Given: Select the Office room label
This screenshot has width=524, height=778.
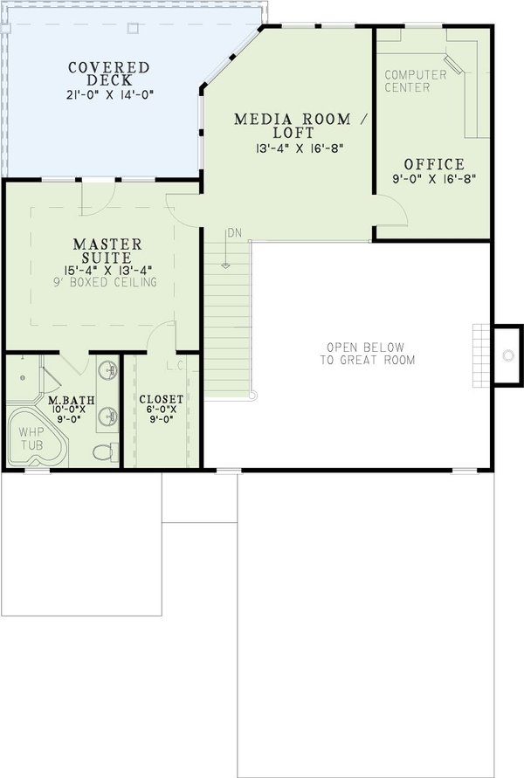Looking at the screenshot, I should pos(434,164).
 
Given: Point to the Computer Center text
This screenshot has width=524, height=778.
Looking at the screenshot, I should pos(416,81).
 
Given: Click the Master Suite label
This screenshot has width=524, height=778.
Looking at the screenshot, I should pos(108,251).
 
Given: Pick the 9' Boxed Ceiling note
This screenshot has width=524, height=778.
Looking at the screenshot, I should pos(109,282).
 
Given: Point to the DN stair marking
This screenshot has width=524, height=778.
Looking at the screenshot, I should pos(233,233).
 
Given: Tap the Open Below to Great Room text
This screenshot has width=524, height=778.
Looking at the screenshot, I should pos(367,352).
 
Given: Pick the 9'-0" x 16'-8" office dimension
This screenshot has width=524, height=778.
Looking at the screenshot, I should pos(433,180).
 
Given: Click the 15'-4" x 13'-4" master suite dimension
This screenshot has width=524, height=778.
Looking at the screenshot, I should pos(109,269).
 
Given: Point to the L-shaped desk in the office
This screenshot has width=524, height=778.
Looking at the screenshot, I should pos(472,87).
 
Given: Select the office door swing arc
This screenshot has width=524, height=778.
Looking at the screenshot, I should pos(391,210).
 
